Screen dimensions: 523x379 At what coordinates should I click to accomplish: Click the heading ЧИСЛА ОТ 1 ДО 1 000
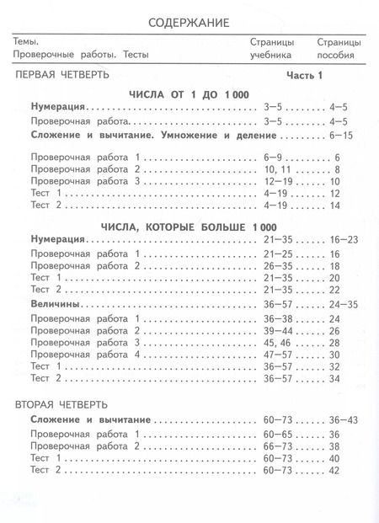[x=189, y=94]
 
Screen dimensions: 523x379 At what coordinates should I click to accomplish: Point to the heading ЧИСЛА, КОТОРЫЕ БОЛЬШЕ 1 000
[x=189, y=227]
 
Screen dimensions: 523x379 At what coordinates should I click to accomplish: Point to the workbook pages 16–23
[x=344, y=241]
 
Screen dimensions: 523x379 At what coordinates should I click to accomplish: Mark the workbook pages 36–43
[x=344, y=419]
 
